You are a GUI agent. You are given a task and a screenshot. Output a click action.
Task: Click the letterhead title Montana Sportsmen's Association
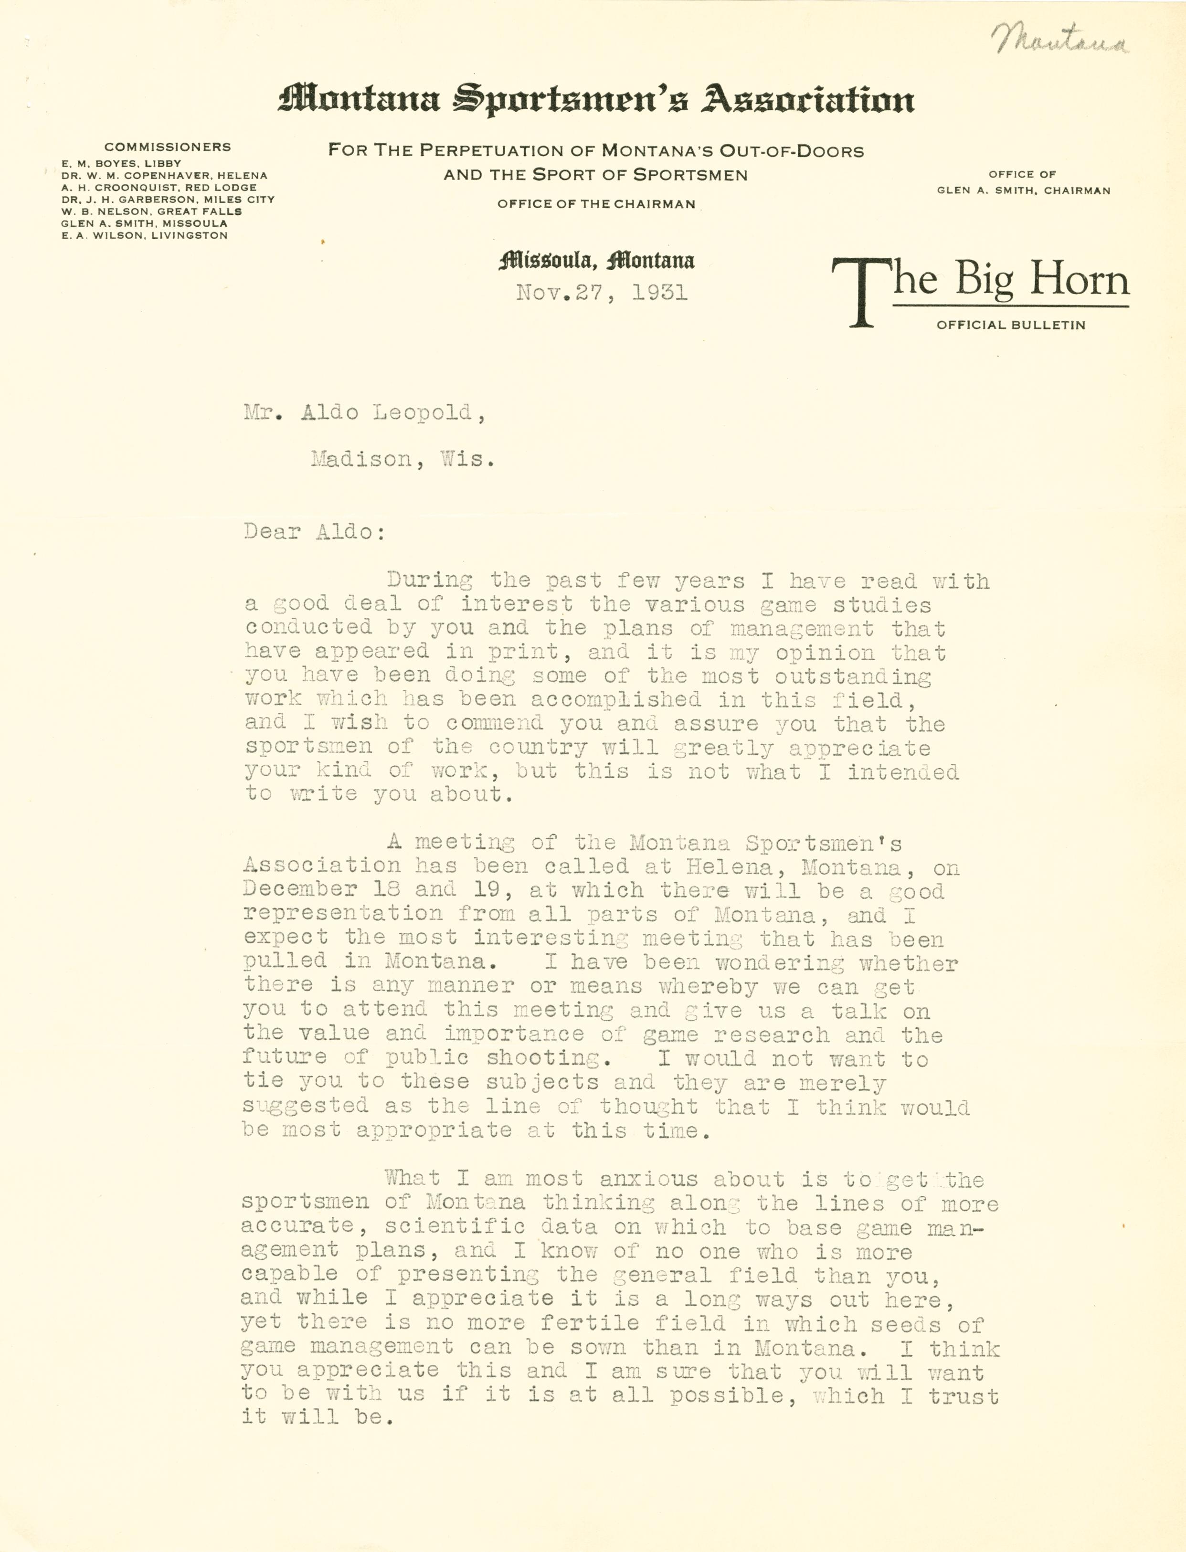click(596, 99)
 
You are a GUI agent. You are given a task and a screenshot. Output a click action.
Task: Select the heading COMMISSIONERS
click(167, 147)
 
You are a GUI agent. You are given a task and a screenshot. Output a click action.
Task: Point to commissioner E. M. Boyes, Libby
click(121, 164)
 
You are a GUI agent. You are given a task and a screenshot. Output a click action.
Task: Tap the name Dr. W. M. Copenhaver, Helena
click(164, 176)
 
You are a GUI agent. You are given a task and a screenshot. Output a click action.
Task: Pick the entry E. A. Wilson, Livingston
click(144, 235)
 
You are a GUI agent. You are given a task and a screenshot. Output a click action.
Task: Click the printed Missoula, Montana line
click(596, 262)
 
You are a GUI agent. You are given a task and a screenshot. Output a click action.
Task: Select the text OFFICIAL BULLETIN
click(1010, 326)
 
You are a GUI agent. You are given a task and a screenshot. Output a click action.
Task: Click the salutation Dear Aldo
click(314, 531)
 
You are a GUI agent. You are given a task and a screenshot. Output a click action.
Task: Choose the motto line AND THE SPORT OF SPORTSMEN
click(595, 175)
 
